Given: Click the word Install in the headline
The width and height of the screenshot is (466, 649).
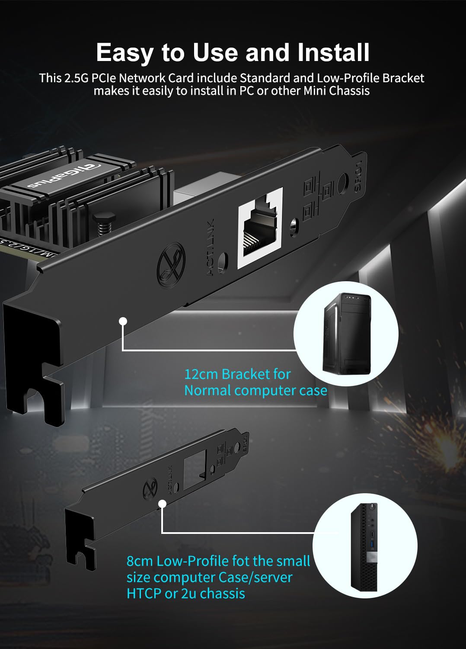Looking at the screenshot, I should (x=333, y=52).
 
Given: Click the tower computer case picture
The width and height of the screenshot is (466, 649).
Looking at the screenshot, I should (x=347, y=333).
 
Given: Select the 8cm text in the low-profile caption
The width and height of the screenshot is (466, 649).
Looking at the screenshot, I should (x=140, y=561).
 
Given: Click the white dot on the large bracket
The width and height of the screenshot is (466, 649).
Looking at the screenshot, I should (x=123, y=321).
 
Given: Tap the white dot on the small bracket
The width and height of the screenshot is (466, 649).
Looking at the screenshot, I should (x=163, y=504).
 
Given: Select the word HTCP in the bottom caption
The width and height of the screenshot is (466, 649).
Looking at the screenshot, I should (x=144, y=593).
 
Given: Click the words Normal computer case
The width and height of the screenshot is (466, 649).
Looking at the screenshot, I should (x=255, y=390).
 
